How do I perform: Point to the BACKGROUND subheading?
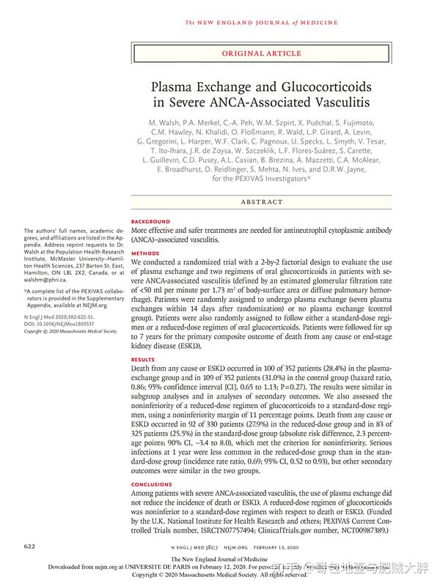[x=150, y=221]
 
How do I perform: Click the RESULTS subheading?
[x=143, y=360]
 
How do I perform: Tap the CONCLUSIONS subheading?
[x=152, y=484]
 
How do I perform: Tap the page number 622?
[x=30, y=546]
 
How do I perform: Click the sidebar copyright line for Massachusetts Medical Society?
[x=70, y=331]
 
